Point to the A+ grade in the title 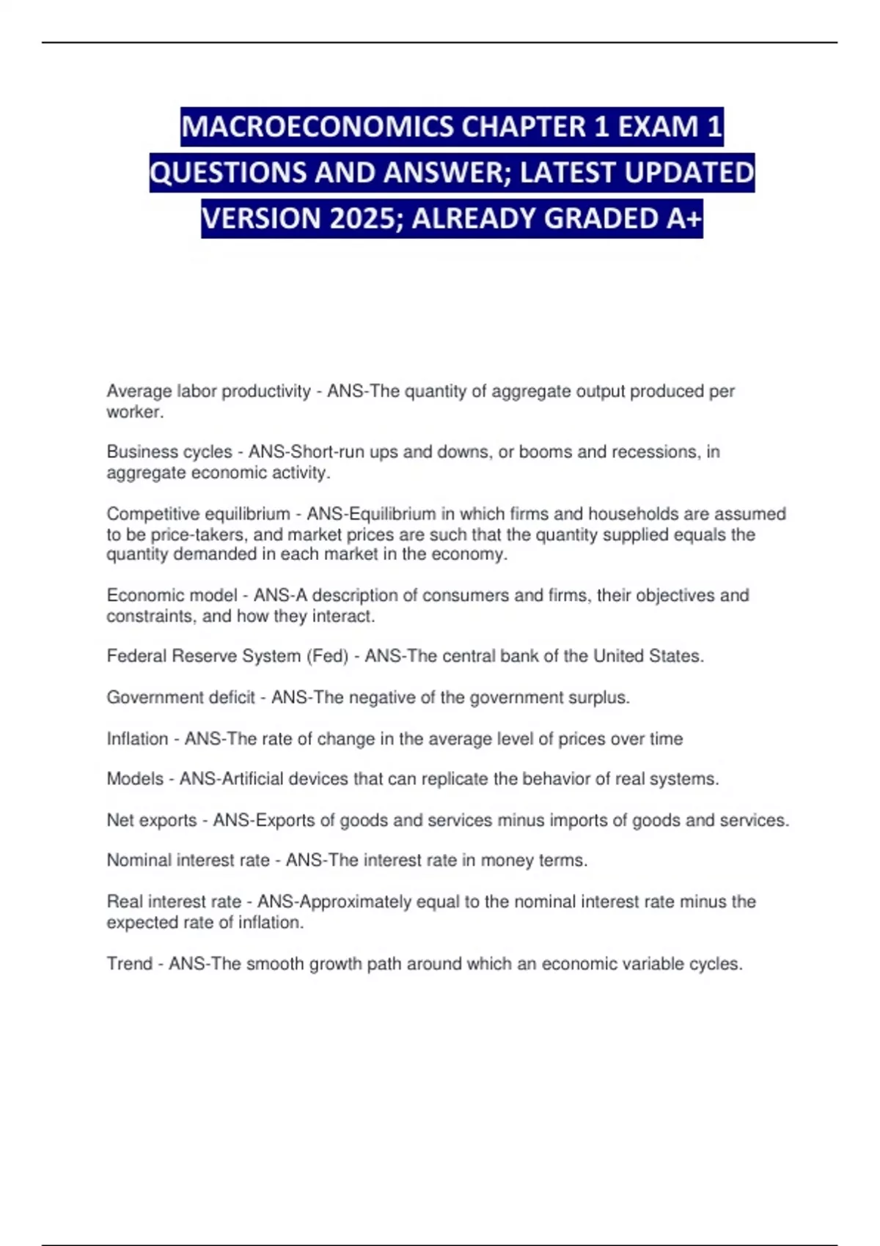click(685, 218)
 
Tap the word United click(617, 656)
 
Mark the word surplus click(599, 697)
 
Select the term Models click(135, 778)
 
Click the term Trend click(130, 963)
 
